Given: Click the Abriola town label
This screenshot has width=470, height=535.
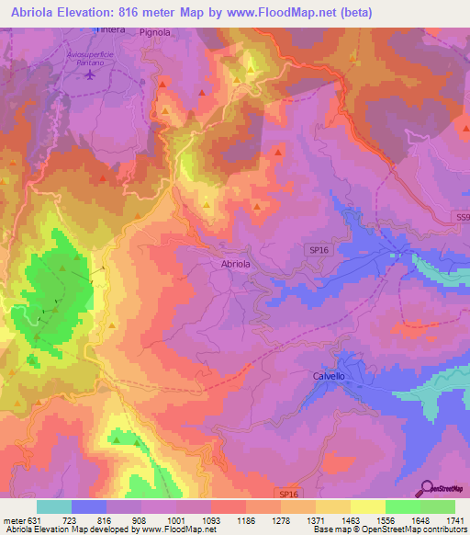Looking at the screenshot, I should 236,264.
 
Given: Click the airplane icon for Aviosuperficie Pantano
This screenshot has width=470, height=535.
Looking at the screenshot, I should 89,74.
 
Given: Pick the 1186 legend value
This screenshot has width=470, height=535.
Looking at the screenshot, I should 245,519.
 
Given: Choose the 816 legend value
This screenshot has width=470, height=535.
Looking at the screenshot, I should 106,519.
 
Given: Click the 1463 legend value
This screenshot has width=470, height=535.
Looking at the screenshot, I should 350,519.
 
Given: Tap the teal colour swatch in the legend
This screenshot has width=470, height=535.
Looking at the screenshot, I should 54,507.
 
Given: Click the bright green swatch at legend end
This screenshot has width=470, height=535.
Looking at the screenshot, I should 437,507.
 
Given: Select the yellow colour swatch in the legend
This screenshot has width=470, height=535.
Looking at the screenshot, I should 367,507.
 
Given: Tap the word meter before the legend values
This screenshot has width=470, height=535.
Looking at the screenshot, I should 14,519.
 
